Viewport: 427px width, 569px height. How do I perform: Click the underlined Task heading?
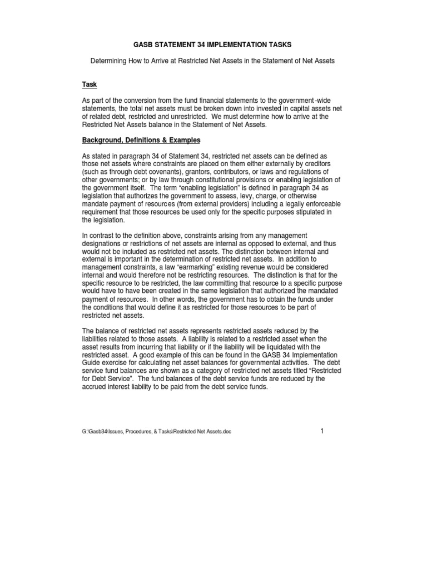(90, 84)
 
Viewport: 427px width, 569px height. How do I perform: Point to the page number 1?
(321, 431)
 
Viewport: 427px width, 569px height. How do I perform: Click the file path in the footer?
(156, 432)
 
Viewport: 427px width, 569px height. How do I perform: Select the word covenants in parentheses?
(153, 173)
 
